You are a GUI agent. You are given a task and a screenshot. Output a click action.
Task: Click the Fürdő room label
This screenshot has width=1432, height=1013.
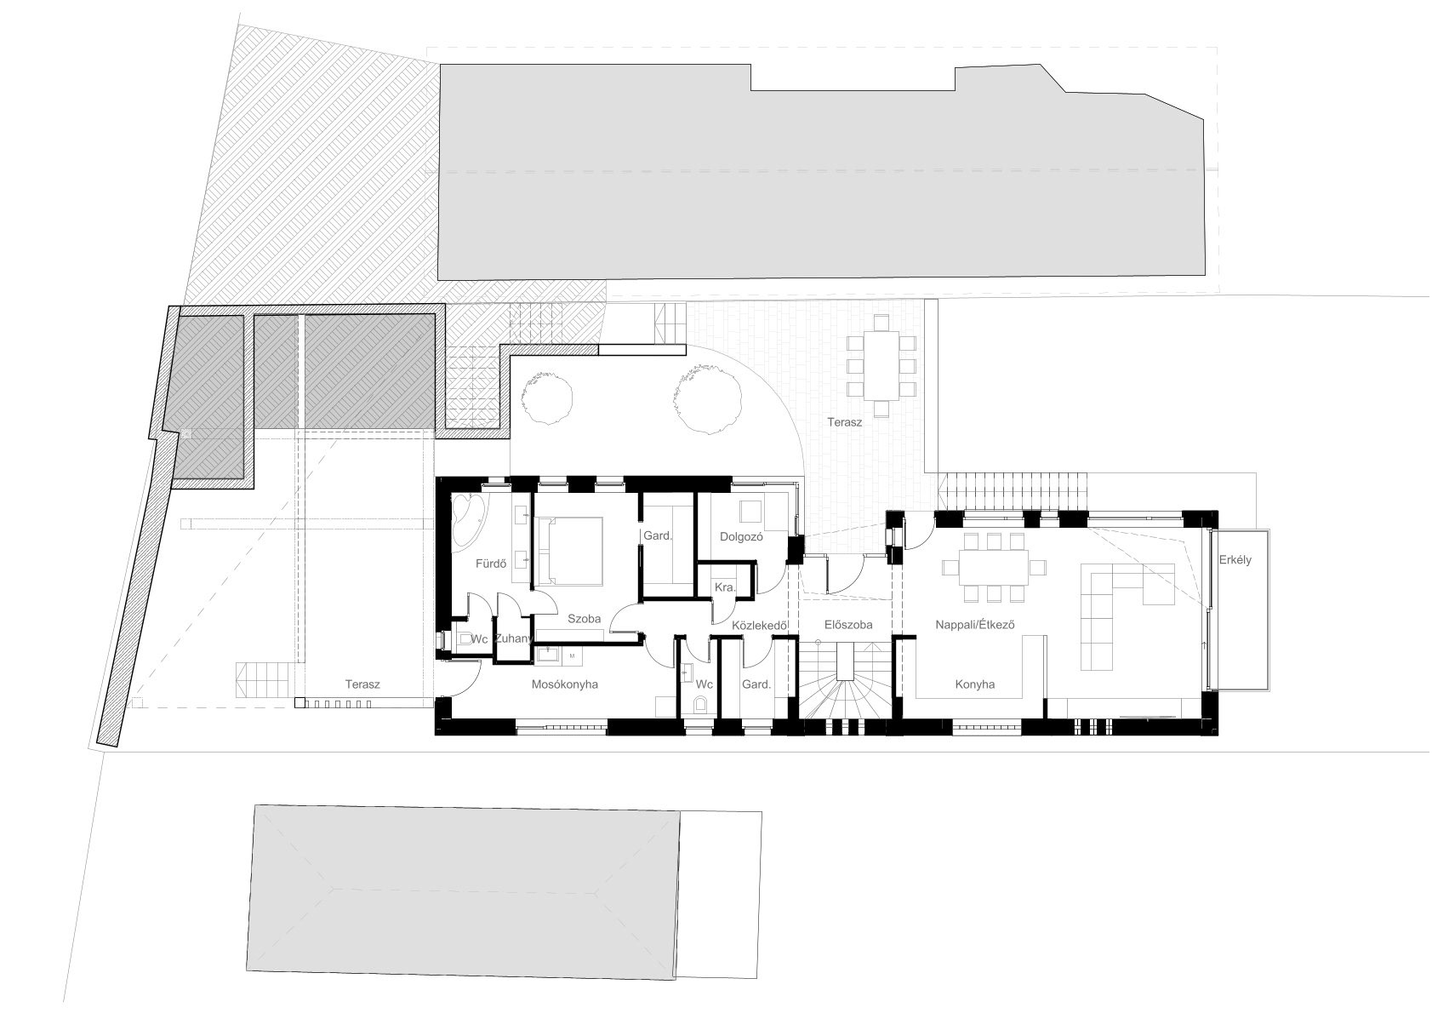click(x=491, y=564)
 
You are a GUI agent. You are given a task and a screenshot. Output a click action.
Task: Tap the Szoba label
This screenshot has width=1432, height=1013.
click(x=585, y=618)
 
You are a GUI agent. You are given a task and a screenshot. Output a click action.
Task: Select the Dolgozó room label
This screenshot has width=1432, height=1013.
click(x=742, y=536)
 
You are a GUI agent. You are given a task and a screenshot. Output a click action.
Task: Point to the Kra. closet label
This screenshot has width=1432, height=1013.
click(x=725, y=587)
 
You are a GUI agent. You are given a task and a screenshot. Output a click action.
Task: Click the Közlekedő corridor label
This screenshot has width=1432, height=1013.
click(x=760, y=625)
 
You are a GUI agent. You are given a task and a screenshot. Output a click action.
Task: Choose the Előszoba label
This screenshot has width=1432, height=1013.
click(x=848, y=625)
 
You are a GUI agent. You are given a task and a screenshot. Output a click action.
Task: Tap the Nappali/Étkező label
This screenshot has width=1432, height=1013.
click(x=975, y=624)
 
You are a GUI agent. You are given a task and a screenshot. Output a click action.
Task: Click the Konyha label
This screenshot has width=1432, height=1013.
click(x=975, y=684)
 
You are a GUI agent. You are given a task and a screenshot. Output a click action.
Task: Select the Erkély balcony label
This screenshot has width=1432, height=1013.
click(x=1235, y=559)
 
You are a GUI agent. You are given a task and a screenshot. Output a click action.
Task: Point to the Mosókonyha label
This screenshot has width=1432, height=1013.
click(x=565, y=684)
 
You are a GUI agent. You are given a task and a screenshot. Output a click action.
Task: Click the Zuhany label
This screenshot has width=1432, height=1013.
click(x=513, y=638)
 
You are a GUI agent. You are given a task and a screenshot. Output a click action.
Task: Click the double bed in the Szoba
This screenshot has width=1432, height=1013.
click(x=569, y=552)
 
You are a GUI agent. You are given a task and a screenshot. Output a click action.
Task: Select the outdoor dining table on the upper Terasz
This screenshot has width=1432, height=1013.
click(x=881, y=364)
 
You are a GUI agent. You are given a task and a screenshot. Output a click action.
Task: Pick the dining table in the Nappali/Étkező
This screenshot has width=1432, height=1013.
click(x=994, y=567)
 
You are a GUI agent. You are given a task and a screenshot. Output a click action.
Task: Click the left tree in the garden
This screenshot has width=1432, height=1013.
click(x=546, y=398)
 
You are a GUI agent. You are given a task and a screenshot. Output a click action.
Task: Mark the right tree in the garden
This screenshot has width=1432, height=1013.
click(x=708, y=398)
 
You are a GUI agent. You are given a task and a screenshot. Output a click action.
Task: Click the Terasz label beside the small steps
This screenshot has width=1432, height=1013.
click(x=362, y=684)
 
